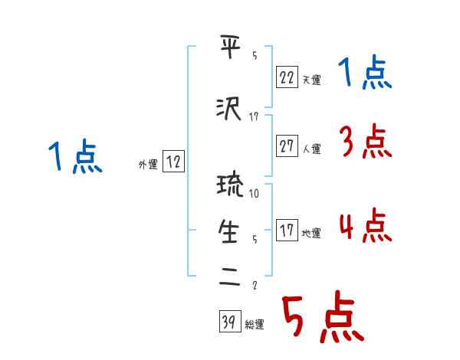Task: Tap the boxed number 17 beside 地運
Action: tap(287, 231)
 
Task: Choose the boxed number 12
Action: tap(173, 162)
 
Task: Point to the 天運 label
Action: tap(311, 79)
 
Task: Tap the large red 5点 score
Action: tap(323, 318)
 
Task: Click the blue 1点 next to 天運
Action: tap(365, 74)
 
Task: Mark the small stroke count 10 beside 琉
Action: tap(255, 193)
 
